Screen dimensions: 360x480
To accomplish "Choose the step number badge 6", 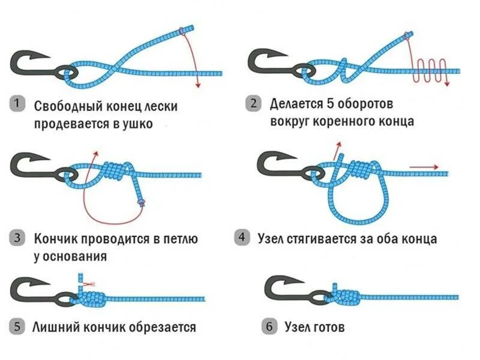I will click(269, 327).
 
